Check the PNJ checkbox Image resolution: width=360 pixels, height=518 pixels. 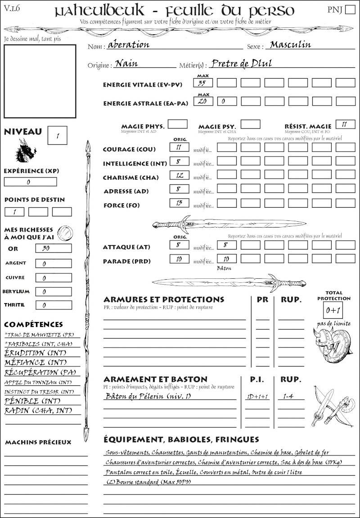tap(349, 10)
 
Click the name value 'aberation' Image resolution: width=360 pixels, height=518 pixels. tap(129, 45)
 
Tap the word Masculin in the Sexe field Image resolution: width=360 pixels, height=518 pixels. tap(290, 45)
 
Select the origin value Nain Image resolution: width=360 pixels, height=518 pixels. tap(126, 63)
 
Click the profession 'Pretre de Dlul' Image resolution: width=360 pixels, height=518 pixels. tap(241, 63)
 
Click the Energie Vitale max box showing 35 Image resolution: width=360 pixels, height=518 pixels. tap(203, 83)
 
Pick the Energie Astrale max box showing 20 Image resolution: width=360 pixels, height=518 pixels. tap(203, 101)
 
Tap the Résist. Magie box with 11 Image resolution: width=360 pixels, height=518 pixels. tap(345, 124)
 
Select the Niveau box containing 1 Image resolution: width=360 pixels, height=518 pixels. tap(58, 135)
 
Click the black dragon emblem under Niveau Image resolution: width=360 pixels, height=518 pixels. tap(26, 151)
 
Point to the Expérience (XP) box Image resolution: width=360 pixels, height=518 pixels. tap(30, 182)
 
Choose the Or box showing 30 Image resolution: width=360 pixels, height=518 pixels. tap(53, 248)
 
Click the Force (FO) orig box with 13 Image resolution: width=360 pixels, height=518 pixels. tap(179, 203)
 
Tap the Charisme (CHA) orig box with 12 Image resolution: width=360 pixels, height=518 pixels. tap(179, 175)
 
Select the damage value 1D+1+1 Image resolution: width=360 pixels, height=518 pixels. tap(257, 397)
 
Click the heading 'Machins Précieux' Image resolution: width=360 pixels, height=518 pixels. tap(38, 442)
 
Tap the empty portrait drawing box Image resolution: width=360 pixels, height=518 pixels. tap(40, 80)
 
